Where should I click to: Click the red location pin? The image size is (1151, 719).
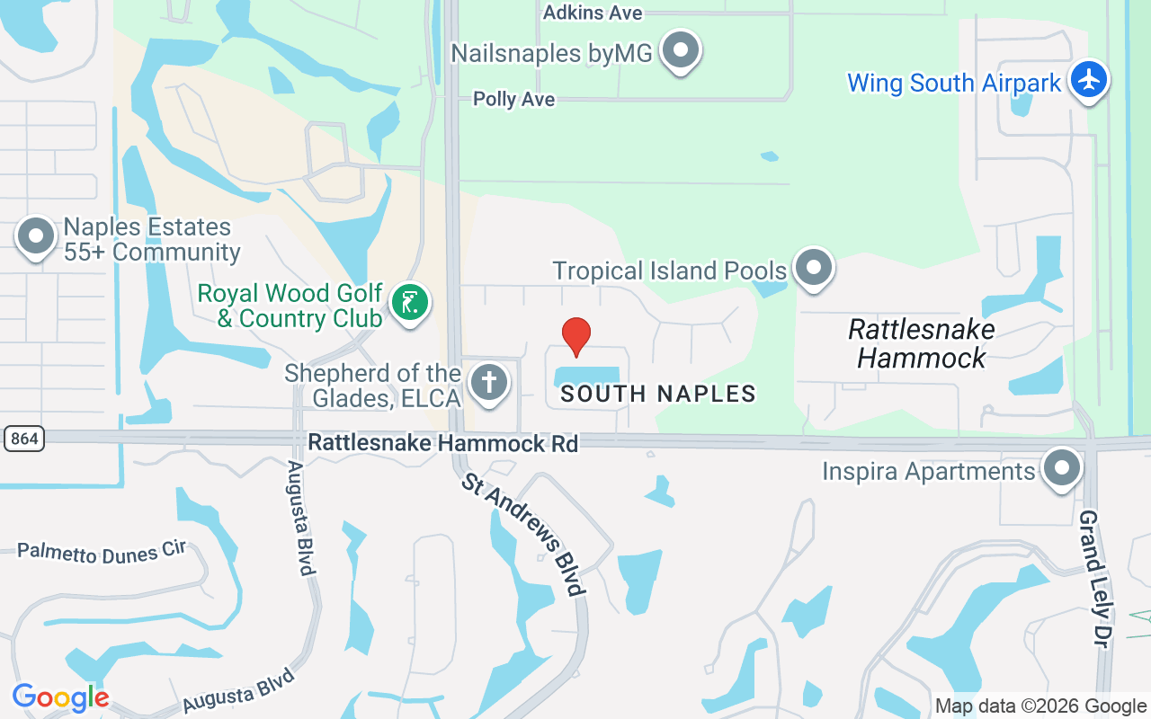tap(575, 336)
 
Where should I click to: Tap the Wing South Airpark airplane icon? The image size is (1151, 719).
tap(1089, 80)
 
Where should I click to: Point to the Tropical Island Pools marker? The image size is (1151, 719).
tap(814, 267)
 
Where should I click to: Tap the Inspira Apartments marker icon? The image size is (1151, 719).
tap(1062, 468)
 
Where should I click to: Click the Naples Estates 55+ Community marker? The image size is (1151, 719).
tap(37, 236)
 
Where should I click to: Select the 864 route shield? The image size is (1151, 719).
tap(21, 439)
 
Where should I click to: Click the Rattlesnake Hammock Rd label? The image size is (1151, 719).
tap(442, 443)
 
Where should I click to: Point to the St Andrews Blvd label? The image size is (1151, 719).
tap(524, 534)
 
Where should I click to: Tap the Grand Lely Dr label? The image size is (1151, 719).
tap(1092, 579)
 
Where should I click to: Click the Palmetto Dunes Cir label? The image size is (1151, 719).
tap(102, 552)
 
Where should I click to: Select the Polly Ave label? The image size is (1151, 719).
tap(513, 99)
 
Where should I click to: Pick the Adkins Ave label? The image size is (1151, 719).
tap(593, 13)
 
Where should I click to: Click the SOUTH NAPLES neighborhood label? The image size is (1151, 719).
tap(658, 394)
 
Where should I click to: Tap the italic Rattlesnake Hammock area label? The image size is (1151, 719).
tap(921, 343)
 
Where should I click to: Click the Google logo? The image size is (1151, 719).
tap(60, 697)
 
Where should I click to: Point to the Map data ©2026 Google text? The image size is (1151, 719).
tap(1040, 706)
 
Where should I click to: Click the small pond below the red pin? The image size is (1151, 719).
tap(586, 376)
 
